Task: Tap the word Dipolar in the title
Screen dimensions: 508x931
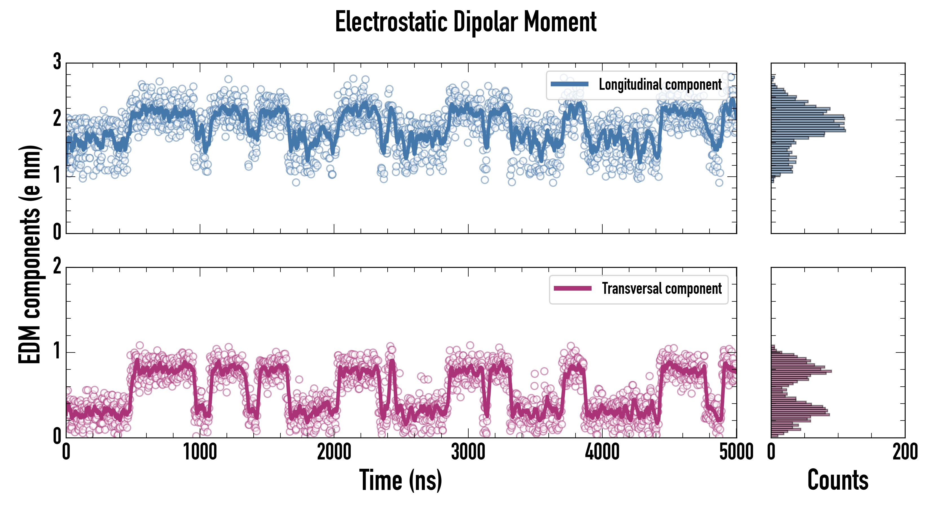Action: (x=485, y=22)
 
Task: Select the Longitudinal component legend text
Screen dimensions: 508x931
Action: (x=660, y=85)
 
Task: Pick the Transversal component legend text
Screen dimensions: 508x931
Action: (x=662, y=288)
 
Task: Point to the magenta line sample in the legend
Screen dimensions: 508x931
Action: (x=572, y=288)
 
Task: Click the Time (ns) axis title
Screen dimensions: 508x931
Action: (x=400, y=480)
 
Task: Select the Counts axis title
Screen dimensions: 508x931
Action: (x=838, y=480)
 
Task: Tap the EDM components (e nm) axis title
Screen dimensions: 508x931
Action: (x=30, y=254)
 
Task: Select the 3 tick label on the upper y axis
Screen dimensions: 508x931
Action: (x=57, y=62)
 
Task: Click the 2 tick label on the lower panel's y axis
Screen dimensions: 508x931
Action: (x=57, y=267)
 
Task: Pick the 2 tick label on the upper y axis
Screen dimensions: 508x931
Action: (x=57, y=119)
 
